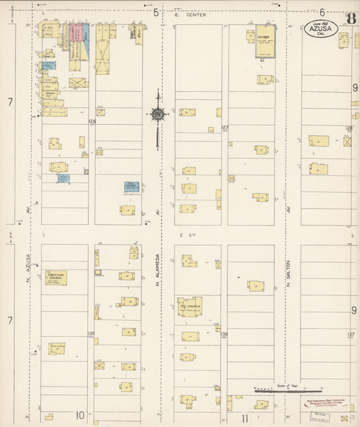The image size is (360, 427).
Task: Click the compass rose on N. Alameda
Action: pos(157,114)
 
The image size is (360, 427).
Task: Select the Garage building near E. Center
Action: pos(265,41)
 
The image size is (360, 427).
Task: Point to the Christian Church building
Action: pos(56,277)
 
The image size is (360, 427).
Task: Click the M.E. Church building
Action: pos(189,306)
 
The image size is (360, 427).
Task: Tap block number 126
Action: pos(92,122)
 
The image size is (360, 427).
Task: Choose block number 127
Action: pos(225,127)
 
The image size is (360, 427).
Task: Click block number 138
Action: pos(224,334)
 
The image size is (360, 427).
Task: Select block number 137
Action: pos(351,334)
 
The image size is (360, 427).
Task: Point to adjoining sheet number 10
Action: pos(80,416)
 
